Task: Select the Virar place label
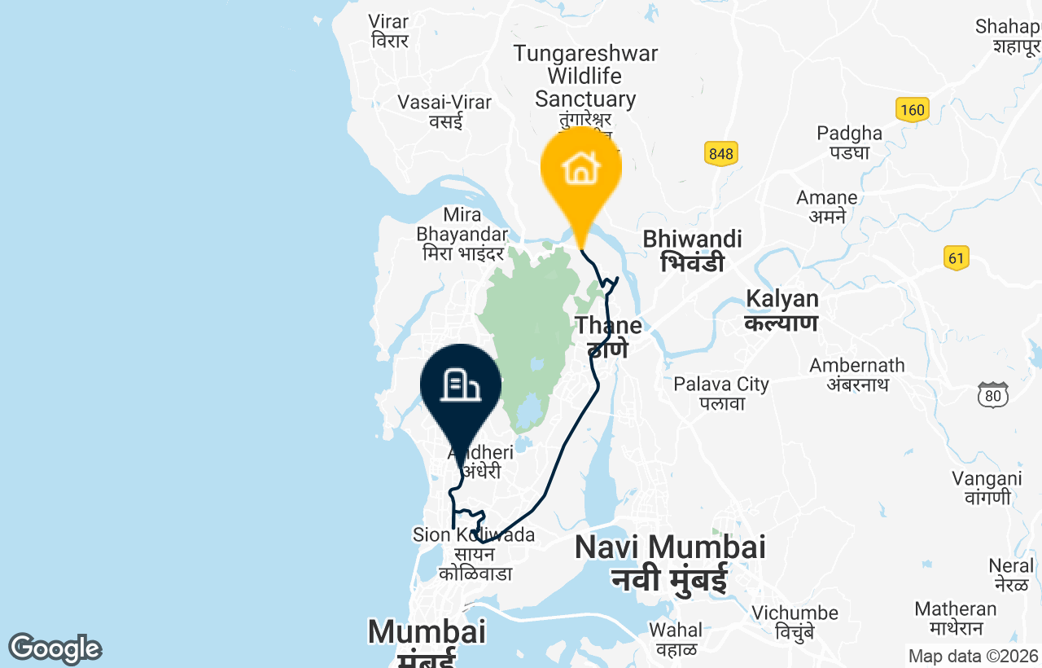pyautogui.click(x=389, y=31)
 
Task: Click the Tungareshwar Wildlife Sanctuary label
pyautogui.click(x=585, y=77)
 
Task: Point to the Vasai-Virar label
pyautogui.click(x=444, y=112)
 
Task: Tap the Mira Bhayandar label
pyautogui.click(x=462, y=235)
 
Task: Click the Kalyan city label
pyautogui.click(x=781, y=310)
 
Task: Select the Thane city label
pyautogui.click(x=608, y=336)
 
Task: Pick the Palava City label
pyautogui.click(x=721, y=393)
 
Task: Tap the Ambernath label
pyautogui.click(x=856, y=375)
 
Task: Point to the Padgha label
pyautogui.click(x=850, y=142)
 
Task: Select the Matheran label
pyautogui.click(x=955, y=618)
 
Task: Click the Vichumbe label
pyautogui.click(x=795, y=622)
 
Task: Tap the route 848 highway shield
pyautogui.click(x=720, y=153)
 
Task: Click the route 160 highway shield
pyautogui.click(x=913, y=110)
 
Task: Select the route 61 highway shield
pyautogui.click(x=957, y=258)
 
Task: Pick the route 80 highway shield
pyautogui.click(x=993, y=395)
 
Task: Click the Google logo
pyautogui.click(x=55, y=648)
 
